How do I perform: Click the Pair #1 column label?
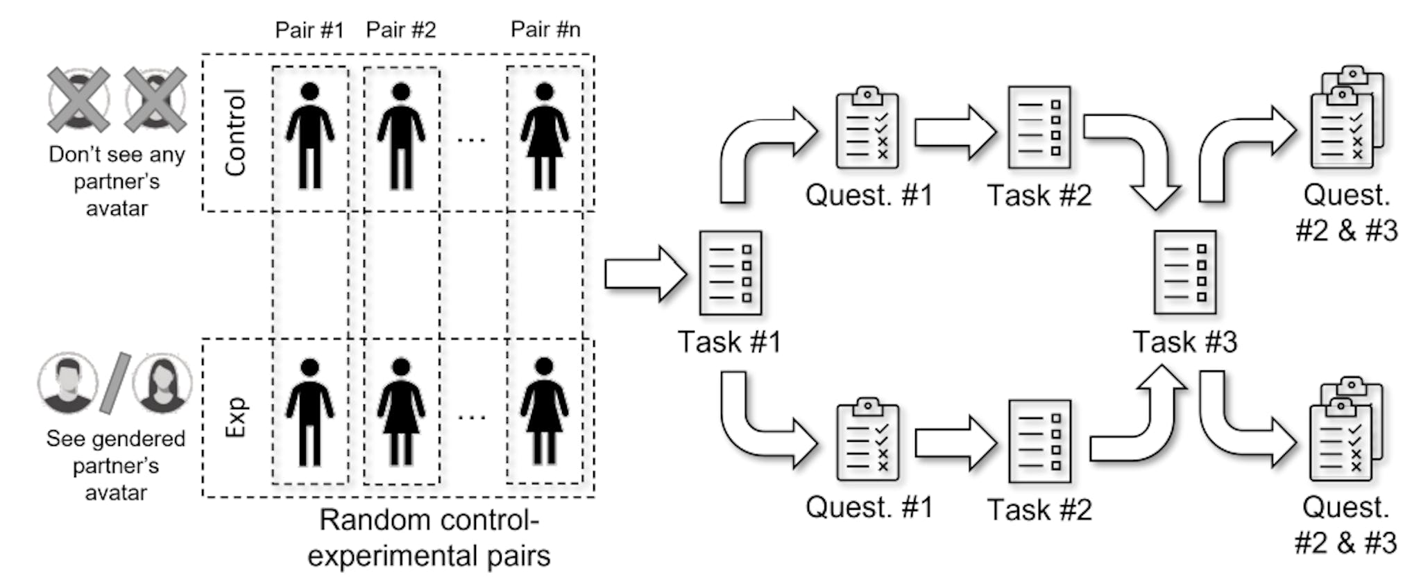pos(309,30)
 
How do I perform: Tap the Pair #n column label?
pos(545,30)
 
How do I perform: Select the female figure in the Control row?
pos(545,136)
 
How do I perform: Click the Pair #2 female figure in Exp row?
pos(401,411)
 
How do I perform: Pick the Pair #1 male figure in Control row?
pos(309,136)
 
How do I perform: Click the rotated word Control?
pos(236,132)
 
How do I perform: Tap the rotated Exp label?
pos(236,417)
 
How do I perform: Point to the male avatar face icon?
pos(67,383)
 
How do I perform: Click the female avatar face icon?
pos(162,383)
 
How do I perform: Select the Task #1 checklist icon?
pos(730,273)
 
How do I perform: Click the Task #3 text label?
pos(1184,342)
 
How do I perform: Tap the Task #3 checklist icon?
pos(1184,273)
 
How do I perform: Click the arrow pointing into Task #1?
pos(644,274)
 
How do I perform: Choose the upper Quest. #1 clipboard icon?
pos(867,128)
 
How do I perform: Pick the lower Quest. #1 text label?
pos(869,507)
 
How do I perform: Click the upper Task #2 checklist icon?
pos(1039,128)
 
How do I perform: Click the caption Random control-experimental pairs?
pos(429,538)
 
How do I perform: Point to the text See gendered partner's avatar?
pos(116,465)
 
